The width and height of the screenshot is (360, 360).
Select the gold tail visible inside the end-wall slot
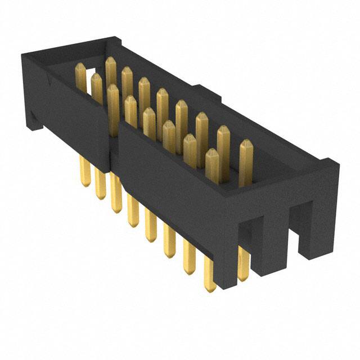pyautogui.click(x=243, y=264)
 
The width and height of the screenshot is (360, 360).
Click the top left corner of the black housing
pyautogui.click(x=22, y=53)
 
